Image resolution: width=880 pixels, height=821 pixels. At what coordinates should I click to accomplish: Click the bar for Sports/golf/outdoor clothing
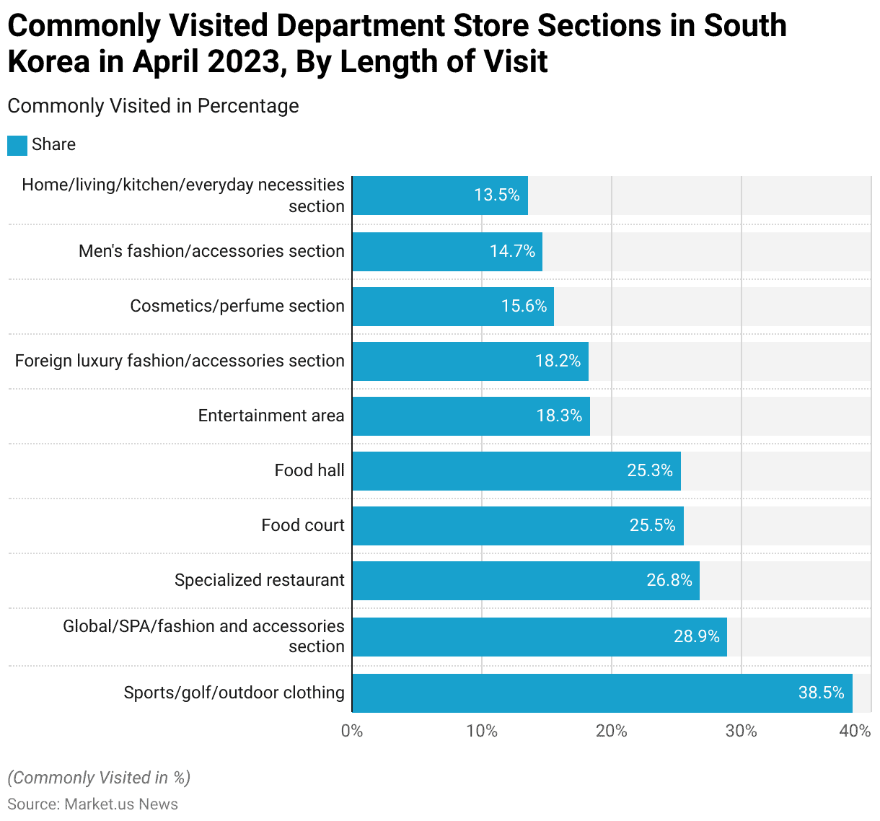(x=602, y=693)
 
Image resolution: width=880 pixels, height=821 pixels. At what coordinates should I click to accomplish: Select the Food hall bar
(x=516, y=471)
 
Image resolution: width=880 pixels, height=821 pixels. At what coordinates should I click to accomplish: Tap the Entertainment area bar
(x=470, y=416)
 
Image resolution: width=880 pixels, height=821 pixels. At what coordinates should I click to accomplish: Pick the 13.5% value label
(x=496, y=195)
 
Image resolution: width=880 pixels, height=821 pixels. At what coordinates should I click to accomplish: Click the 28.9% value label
(x=696, y=636)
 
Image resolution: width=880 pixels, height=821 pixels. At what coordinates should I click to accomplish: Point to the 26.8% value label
(x=669, y=580)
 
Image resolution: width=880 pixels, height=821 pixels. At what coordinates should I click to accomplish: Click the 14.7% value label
(x=512, y=251)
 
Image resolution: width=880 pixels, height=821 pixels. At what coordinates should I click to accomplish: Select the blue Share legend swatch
(x=17, y=145)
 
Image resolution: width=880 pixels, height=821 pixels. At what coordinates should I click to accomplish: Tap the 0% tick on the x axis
(x=352, y=732)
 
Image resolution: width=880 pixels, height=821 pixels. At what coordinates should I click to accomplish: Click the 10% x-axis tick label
(x=482, y=732)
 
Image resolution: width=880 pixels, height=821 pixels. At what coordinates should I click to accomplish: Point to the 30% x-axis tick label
(x=742, y=732)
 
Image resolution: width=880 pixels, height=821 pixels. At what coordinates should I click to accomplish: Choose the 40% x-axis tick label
(x=855, y=732)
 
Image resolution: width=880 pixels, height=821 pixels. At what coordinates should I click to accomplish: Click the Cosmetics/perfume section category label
(x=237, y=306)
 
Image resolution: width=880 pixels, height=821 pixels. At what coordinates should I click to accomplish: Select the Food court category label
(x=303, y=525)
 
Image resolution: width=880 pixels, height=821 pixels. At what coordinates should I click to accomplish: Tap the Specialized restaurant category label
(x=260, y=580)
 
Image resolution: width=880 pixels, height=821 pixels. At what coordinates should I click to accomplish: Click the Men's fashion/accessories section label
(x=211, y=251)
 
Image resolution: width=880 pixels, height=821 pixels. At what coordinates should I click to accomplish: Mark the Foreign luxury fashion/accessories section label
(x=180, y=361)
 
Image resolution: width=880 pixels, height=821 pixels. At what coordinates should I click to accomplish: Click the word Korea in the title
(x=49, y=62)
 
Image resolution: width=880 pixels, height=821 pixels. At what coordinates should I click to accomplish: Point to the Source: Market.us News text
(x=92, y=804)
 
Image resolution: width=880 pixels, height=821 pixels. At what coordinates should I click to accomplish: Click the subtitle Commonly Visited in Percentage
(x=153, y=106)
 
